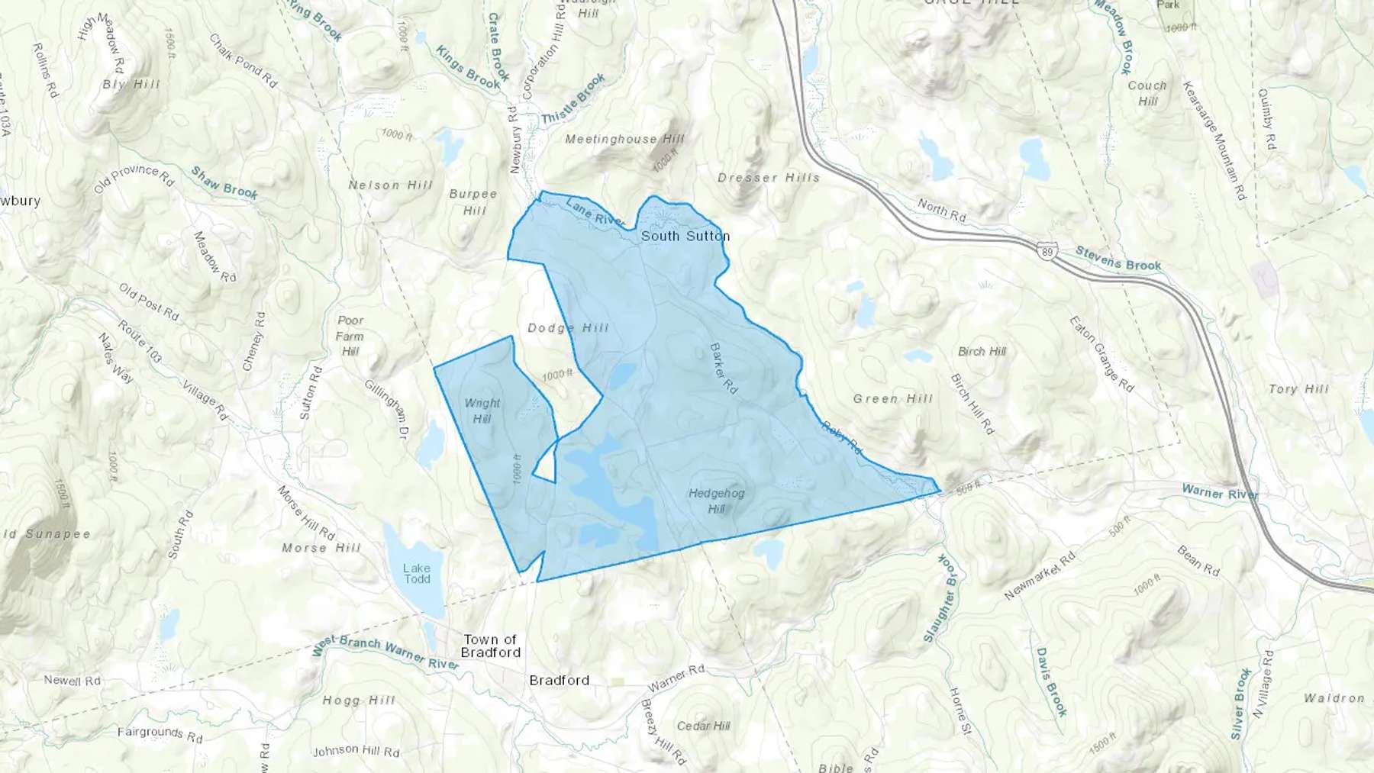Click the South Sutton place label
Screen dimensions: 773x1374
pyautogui.click(x=685, y=237)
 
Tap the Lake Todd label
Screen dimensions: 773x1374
pyautogui.click(x=417, y=573)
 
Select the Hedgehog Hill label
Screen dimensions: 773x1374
pyautogui.click(x=716, y=501)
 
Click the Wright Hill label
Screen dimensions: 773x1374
pyautogui.click(x=482, y=411)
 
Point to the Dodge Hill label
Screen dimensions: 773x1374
pyautogui.click(x=569, y=328)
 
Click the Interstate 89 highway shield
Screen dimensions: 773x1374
pyautogui.click(x=1048, y=250)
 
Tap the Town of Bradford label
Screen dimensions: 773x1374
pyautogui.click(x=491, y=646)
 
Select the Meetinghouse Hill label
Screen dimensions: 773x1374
pyautogui.click(x=624, y=139)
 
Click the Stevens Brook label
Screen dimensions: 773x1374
pyautogui.click(x=1118, y=259)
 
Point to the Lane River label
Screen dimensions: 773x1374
pyautogui.click(x=595, y=212)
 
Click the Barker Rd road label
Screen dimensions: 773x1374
pyautogui.click(x=724, y=369)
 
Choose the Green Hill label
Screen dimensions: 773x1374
pyautogui.click(x=893, y=398)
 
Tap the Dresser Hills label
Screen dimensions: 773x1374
pyautogui.click(x=769, y=178)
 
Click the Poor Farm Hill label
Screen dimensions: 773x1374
pyautogui.click(x=350, y=336)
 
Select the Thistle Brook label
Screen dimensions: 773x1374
pyautogui.click(x=573, y=99)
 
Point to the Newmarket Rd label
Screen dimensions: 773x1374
pyautogui.click(x=1040, y=575)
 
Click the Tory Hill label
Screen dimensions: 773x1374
pyautogui.click(x=1298, y=389)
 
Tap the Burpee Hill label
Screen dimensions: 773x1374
pyautogui.click(x=473, y=202)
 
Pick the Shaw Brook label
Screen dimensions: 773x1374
pyautogui.click(x=224, y=184)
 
